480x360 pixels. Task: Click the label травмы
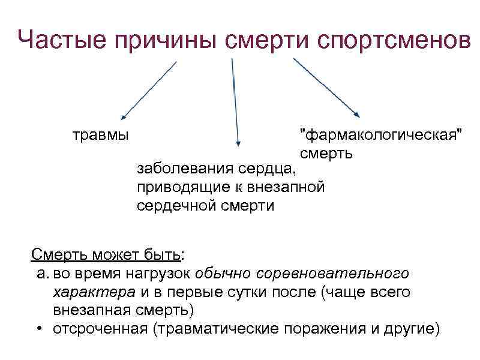click(x=100, y=134)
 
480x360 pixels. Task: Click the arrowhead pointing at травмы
click(x=123, y=116)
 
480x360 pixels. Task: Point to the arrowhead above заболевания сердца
click(x=239, y=143)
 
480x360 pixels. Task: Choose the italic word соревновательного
click(x=332, y=274)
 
